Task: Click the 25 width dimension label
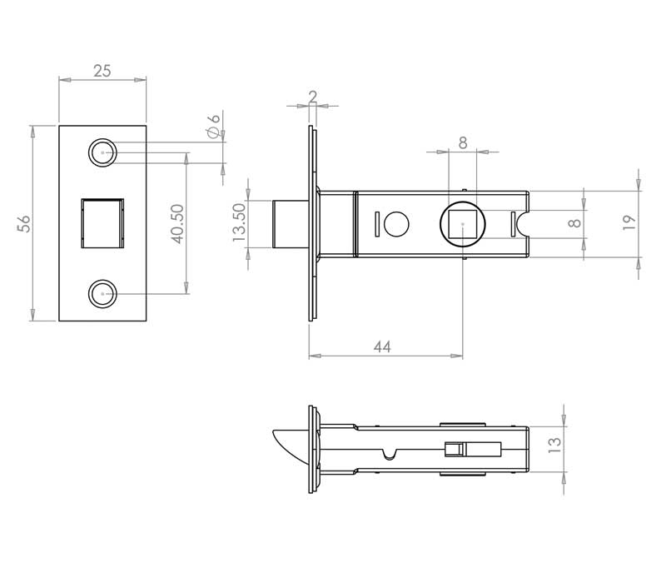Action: pyautogui.click(x=102, y=71)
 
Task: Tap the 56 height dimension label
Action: pyautogui.click(x=24, y=223)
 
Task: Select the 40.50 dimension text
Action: pyautogui.click(x=177, y=224)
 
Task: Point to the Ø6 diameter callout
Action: pyautogui.click(x=214, y=126)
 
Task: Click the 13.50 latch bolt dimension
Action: pyautogui.click(x=239, y=222)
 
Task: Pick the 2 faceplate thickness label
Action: pyautogui.click(x=313, y=97)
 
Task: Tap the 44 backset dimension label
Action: pyautogui.click(x=382, y=347)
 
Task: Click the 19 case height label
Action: pyautogui.click(x=629, y=222)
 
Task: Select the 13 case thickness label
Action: pyautogui.click(x=554, y=445)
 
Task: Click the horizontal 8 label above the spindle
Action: pyautogui.click(x=463, y=142)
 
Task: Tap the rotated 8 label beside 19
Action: pyautogui.click(x=574, y=223)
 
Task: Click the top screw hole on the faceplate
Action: pyautogui.click(x=102, y=152)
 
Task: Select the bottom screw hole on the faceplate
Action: pyautogui.click(x=102, y=294)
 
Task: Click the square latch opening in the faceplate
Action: pyautogui.click(x=102, y=223)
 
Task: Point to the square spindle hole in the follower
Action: pyautogui.click(x=463, y=224)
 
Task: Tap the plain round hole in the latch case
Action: pyautogui.click(x=396, y=224)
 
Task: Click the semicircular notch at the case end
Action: pyautogui.click(x=524, y=224)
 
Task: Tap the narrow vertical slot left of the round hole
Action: pyautogui.click(x=376, y=224)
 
